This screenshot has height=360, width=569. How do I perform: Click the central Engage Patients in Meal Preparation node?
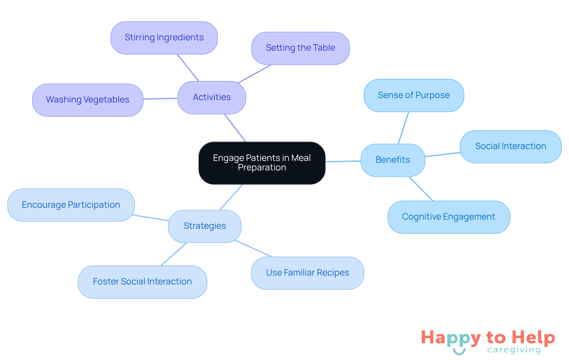[x=262, y=163]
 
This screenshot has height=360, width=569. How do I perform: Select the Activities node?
[x=212, y=97]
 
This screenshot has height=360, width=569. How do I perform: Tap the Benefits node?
[x=393, y=160]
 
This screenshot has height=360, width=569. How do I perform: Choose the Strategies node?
[x=204, y=226]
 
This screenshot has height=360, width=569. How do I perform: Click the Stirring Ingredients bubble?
[x=164, y=38]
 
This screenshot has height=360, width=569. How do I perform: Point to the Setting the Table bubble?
[x=300, y=48]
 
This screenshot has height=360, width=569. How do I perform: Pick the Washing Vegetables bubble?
[x=87, y=100]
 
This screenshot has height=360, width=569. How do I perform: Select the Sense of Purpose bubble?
[x=414, y=95]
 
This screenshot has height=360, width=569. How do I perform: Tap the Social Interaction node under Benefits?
[x=511, y=146]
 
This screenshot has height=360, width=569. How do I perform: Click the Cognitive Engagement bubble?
[x=448, y=217]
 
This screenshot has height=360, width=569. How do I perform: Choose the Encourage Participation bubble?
[x=71, y=205]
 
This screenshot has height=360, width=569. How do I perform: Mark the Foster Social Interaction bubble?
[x=142, y=282]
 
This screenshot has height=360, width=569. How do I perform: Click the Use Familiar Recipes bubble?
[x=307, y=273]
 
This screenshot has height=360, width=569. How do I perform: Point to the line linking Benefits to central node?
[x=343, y=161]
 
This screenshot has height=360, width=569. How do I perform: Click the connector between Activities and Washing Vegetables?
[x=160, y=98]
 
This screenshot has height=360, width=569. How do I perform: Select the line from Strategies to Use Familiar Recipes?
[x=253, y=249]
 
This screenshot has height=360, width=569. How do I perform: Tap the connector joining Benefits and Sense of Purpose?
[x=403, y=128]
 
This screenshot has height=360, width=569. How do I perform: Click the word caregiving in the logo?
[x=514, y=350]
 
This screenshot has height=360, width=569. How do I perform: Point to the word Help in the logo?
[x=533, y=337]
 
